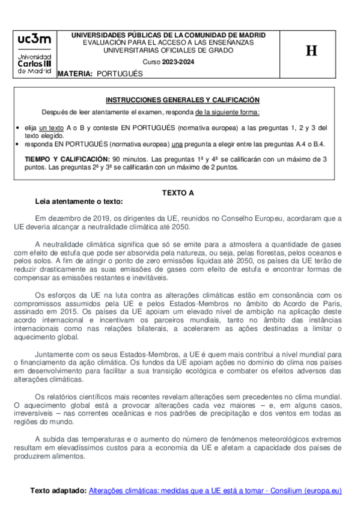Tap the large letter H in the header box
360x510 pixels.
pos(311,51)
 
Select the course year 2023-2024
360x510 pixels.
pos(177,63)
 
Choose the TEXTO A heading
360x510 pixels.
pos(178,193)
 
